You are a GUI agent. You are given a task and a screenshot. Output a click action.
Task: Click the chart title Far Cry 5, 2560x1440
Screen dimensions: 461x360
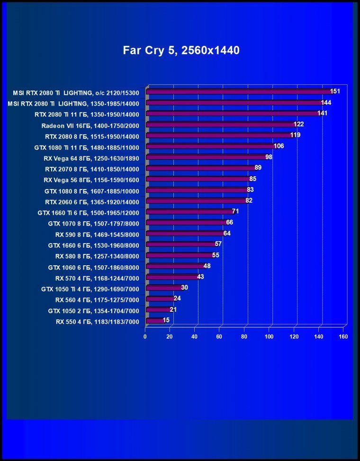tap(181, 50)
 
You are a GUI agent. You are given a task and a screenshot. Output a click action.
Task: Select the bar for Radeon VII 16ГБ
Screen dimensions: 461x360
tap(221, 125)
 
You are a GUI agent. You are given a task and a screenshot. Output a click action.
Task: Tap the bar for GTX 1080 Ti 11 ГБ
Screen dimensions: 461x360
tap(211, 146)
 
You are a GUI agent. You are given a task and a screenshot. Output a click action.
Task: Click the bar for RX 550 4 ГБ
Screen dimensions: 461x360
tap(154, 321)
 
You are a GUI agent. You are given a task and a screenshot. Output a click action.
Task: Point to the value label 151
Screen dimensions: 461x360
tap(335, 91)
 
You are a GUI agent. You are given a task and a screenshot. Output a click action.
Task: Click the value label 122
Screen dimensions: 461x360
tap(298, 124)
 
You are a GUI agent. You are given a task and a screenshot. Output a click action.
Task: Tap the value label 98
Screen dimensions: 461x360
tap(269, 157)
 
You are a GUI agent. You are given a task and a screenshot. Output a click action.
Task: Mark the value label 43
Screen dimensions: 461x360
tap(200, 277)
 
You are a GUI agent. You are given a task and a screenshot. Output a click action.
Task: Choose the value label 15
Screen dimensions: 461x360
tap(166, 320)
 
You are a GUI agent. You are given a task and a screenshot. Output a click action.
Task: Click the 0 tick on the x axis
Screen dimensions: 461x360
tap(145, 337)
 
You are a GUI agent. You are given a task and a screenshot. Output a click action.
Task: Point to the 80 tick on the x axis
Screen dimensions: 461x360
tap(244, 337)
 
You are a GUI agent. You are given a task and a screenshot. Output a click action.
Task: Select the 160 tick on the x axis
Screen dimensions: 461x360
tap(343, 337)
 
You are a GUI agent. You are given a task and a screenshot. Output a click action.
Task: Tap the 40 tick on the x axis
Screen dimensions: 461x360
tap(194, 337)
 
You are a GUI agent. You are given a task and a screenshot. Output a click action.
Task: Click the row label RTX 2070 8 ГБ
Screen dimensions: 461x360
tap(92, 169)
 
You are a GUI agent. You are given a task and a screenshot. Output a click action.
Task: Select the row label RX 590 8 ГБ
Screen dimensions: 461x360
tap(97, 234)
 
